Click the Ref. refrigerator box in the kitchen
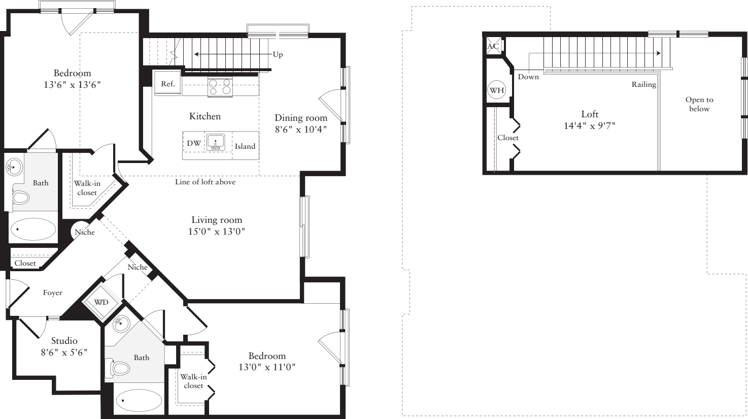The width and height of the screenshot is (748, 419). [x=167, y=84]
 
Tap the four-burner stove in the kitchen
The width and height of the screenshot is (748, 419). [x=220, y=87]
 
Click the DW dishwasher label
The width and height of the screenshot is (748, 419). [x=193, y=143]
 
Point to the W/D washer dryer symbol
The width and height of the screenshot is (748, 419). [x=101, y=302]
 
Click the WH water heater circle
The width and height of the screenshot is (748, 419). [x=496, y=90]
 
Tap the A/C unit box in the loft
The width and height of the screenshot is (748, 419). [x=493, y=46]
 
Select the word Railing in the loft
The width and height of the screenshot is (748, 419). [x=643, y=85]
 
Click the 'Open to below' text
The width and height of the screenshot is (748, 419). [x=699, y=104]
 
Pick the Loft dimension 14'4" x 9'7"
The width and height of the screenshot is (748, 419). [x=589, y=125]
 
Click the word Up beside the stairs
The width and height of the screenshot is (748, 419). [x=278, y=54]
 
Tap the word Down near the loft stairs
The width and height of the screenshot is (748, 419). [x=528, y=77]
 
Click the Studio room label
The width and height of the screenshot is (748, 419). [x=64, y=341]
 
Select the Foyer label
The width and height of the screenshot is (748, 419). [x=52, y=293]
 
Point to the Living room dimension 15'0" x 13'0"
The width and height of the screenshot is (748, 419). [x=216, y=232]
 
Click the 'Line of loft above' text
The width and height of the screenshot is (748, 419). [x=205, y=182]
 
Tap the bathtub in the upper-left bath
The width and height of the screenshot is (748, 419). [x=33, y=230]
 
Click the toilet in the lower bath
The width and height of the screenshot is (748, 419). [x=118, y=368]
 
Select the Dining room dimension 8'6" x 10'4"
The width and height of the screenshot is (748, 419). [x=300, y=130]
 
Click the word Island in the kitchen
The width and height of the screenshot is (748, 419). [x=245, y=146]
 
